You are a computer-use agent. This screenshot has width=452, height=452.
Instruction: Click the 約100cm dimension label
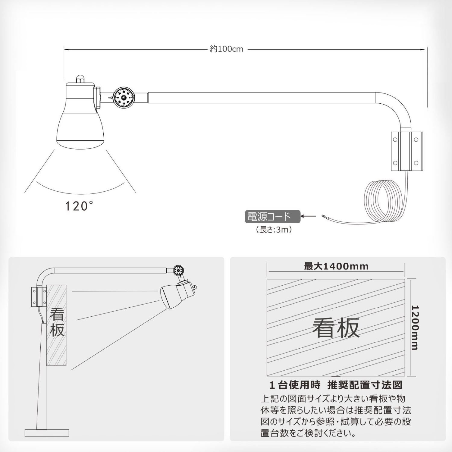227,49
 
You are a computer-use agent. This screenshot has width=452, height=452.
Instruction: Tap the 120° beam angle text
79,206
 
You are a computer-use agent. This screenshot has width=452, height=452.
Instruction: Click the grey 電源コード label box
273,217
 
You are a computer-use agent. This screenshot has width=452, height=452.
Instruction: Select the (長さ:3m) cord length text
274,230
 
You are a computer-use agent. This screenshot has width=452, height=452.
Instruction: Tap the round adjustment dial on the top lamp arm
124,97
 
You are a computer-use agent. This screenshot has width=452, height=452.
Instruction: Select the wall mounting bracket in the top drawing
407,151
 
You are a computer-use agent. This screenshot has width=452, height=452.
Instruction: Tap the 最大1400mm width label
336,266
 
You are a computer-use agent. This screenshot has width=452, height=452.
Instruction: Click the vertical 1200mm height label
415,328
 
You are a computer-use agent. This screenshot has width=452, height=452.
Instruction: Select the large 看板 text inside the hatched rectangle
336,328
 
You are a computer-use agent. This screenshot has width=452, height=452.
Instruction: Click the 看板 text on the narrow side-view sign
57,322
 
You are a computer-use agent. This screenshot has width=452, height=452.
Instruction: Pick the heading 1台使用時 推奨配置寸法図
336,385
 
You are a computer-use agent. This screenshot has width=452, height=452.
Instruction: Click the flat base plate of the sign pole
47,433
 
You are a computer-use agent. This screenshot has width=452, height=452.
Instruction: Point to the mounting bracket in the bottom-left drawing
39,297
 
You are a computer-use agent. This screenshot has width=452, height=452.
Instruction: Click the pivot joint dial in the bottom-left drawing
179,270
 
